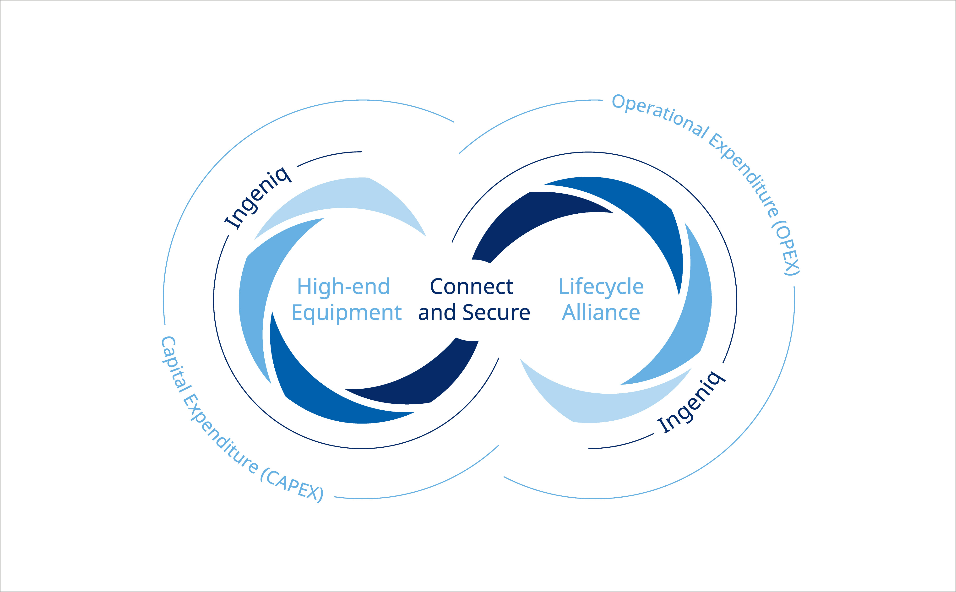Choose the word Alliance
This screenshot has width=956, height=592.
click(x=601, y=313)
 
